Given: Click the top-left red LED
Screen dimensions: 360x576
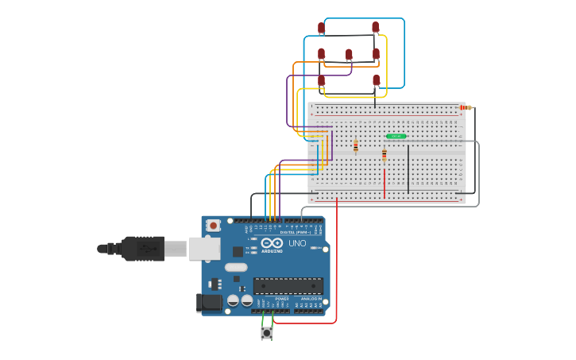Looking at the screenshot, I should click(x=321, y=28).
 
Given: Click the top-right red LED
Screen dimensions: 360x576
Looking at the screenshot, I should click(x=375, y=28).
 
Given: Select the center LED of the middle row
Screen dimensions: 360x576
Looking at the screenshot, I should click(x=348, y=55).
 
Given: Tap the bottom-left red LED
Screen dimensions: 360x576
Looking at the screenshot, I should click(x=321, y=80).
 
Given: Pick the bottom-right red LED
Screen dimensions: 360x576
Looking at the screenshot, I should click(x=376, y=80).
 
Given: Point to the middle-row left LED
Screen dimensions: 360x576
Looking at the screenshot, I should click(x=321, y=54).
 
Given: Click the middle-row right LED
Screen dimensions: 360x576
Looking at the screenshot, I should click(x=376, y=54).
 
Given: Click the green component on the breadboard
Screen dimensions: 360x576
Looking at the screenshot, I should click(x=396, y=137).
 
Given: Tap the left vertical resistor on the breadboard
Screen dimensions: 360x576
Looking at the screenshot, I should click(x=355, y=146).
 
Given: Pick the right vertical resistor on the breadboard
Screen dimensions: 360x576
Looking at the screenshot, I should click(x=384, y=153).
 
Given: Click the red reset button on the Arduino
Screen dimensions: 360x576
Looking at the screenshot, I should click(x=213, y=226).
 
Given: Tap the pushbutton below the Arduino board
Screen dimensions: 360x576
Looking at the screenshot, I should click(x=267, y=334).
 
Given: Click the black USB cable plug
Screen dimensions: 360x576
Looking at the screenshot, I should click(x=143, y=249).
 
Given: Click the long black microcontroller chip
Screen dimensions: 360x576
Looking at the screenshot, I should click(x=288, y=285).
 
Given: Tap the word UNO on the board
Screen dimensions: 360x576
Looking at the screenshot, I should click(x=296, y=243).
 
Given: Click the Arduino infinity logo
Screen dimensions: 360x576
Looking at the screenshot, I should click(x=272, y=242).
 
